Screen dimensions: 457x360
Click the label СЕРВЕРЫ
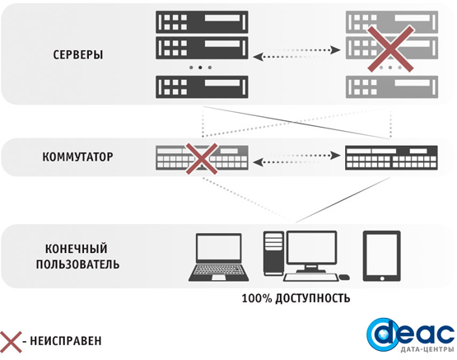coord(78,54)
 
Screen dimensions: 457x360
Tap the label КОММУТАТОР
coord(77,157)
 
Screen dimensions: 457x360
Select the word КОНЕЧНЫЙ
coord(77,249)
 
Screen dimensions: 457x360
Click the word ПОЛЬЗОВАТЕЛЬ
coord(77,264)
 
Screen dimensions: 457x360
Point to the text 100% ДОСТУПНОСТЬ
coord(296,298)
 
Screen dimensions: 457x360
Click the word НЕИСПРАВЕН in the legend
coord(66,341)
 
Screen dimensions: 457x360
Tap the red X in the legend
coord(11,342)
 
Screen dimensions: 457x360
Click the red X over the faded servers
coord(390,49)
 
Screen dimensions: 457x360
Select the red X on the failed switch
coord(202,159)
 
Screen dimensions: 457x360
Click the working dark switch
coord(391,157)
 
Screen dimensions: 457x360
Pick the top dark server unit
coord(202,22)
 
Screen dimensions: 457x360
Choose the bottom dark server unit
coord(202,87)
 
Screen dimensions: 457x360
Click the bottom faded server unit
coord(392,87)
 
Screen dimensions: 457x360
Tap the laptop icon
coord(218,257)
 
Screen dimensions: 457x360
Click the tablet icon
coord(382,256)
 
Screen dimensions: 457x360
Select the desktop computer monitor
coord(311,251)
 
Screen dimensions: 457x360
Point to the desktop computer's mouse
coord(344,277)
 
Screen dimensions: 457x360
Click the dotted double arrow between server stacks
coord(296,54)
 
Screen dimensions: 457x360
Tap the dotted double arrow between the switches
coord(296,158)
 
